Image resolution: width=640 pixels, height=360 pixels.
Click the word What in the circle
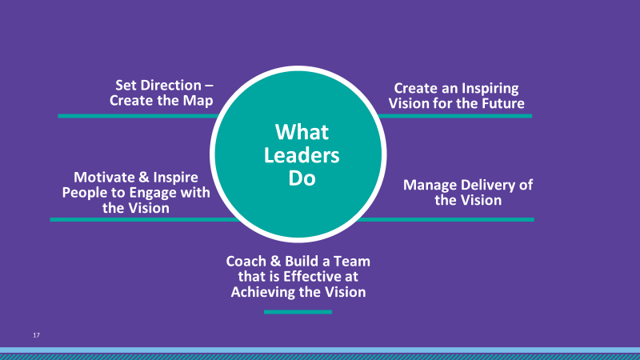302,132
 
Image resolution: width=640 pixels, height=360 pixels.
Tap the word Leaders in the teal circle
302,155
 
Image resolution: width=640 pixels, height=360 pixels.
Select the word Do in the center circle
302,178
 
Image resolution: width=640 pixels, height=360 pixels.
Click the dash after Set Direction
209,86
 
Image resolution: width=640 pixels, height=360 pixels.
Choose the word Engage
153,193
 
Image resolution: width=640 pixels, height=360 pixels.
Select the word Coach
246,262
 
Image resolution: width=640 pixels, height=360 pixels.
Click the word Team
352,262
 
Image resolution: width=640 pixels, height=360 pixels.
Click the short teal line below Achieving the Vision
298,312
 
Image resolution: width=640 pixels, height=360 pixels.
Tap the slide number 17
36,335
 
